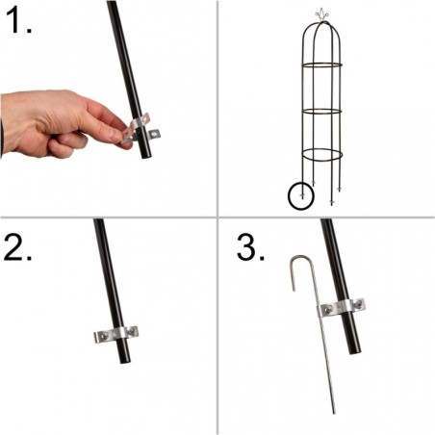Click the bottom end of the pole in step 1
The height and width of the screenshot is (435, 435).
point(145,154)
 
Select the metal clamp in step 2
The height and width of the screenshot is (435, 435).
point(116,334)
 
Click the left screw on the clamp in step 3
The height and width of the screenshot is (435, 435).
point(327,309)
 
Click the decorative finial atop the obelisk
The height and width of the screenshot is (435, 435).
point(321,15)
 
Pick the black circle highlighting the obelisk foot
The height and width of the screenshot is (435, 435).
point(303,196)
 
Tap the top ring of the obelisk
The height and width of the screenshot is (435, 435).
point(322,66)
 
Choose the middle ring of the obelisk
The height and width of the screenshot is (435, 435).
point(322,111)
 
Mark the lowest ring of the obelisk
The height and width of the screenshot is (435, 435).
point(322,156)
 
